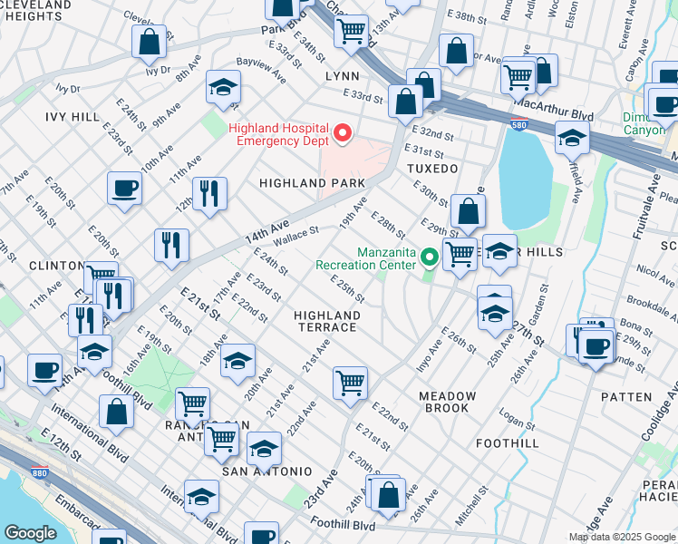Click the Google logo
pos(30,533)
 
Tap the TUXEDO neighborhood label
pos(431,170)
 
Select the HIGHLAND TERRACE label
pos(327,321)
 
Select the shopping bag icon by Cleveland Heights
pos(149,42)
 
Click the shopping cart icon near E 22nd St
pos(350,383)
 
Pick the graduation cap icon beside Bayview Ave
pos(222,87)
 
